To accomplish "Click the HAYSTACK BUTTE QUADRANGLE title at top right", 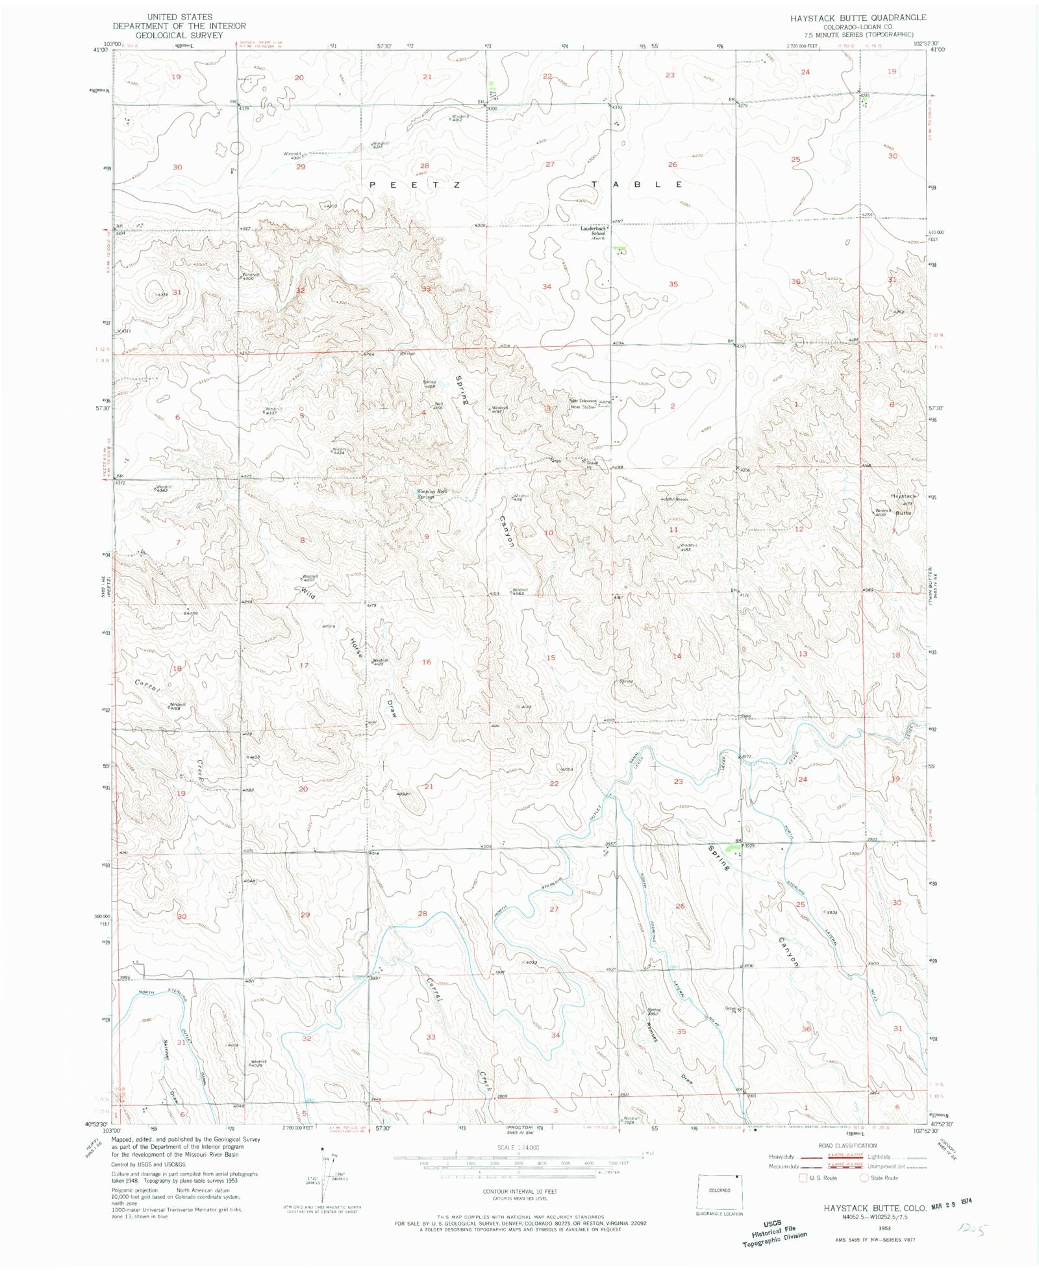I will pyautogui.click(x=858, y=18).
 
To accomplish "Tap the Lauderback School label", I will pyautogui.click(x=593, y=231).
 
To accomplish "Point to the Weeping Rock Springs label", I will pyautogui.click(x=432, y=494).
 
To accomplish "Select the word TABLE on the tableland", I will pyautogui.click(x=636, y=184).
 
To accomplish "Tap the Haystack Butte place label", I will pyautogui.click(x=903, y=504).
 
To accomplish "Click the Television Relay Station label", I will pyautogui.click(x=582, y=404).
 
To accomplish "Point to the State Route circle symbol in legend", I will pyautogui.click(x=864, y=1177).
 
